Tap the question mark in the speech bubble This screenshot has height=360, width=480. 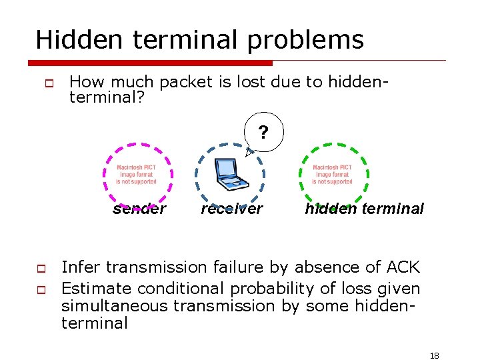[x=263, y=133]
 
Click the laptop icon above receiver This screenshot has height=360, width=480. [x=229, y=175]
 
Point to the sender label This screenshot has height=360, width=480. [x=139, y=209]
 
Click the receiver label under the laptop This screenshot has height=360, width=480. [x=232, y=209]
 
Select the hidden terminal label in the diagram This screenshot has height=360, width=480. [x=364, y=209]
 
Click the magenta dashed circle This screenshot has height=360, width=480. [x=105, y=175]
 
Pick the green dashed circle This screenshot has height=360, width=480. [x=367, y=175]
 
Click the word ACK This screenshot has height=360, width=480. [x=403, y=267]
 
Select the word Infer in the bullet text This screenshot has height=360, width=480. [x=81, y=267]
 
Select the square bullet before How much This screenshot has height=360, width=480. [x=47, y=83]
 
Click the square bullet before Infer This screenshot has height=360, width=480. [x=41, y=269]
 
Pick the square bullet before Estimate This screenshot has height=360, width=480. [x=41, y=290]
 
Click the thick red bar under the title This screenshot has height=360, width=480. [x=150, y=63]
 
